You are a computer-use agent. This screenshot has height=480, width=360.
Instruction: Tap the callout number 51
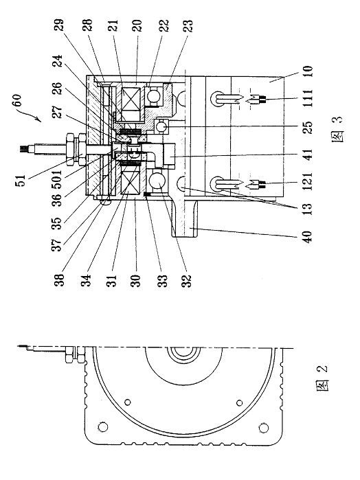[20, 181]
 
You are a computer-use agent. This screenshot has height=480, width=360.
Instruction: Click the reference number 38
[59, 279]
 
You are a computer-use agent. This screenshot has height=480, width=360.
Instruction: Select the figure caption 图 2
[322, 378]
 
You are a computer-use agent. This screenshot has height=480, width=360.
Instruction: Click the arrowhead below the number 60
[39, 119]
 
